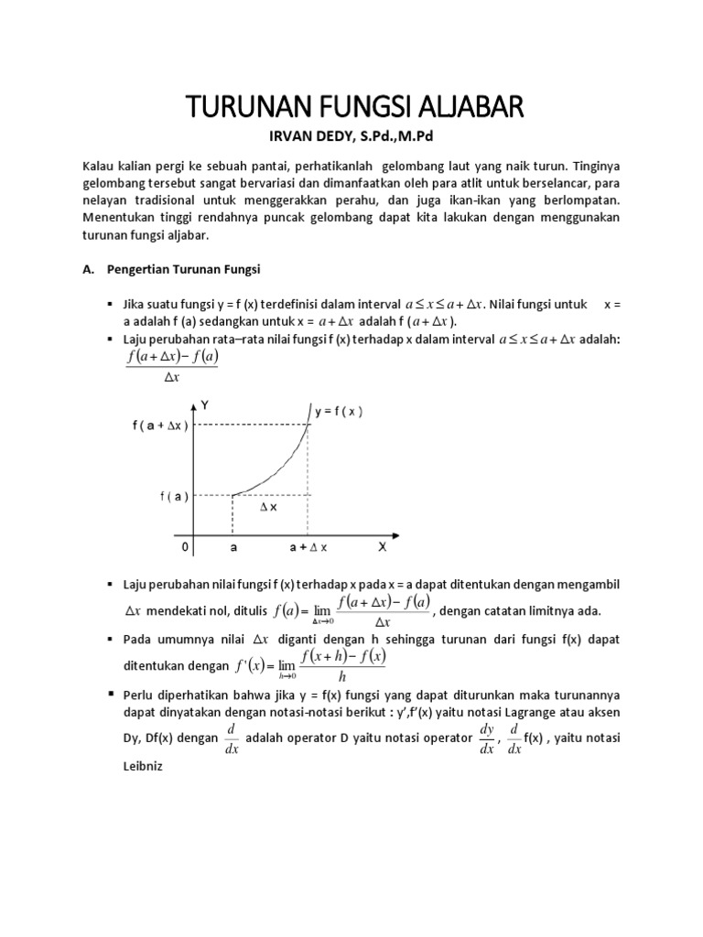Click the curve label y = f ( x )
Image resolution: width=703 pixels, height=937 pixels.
point(339,412)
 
